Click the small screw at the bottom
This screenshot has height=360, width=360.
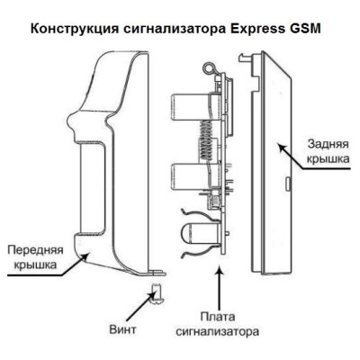click(156, 289)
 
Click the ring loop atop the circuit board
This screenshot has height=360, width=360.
click(211, 67)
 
